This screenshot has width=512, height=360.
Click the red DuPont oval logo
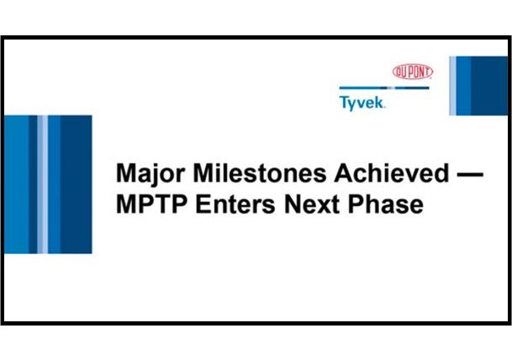pyautogui.click(x=411, y=72)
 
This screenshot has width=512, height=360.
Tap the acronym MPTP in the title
pyautogui.click(x=148, y=204)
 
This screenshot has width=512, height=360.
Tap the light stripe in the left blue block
pyautogui.click(x=43, y=184)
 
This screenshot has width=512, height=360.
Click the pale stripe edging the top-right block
pyautogui.click(x=454, y=85)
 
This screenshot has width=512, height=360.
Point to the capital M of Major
pyautogui.click(x=124, y=174)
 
